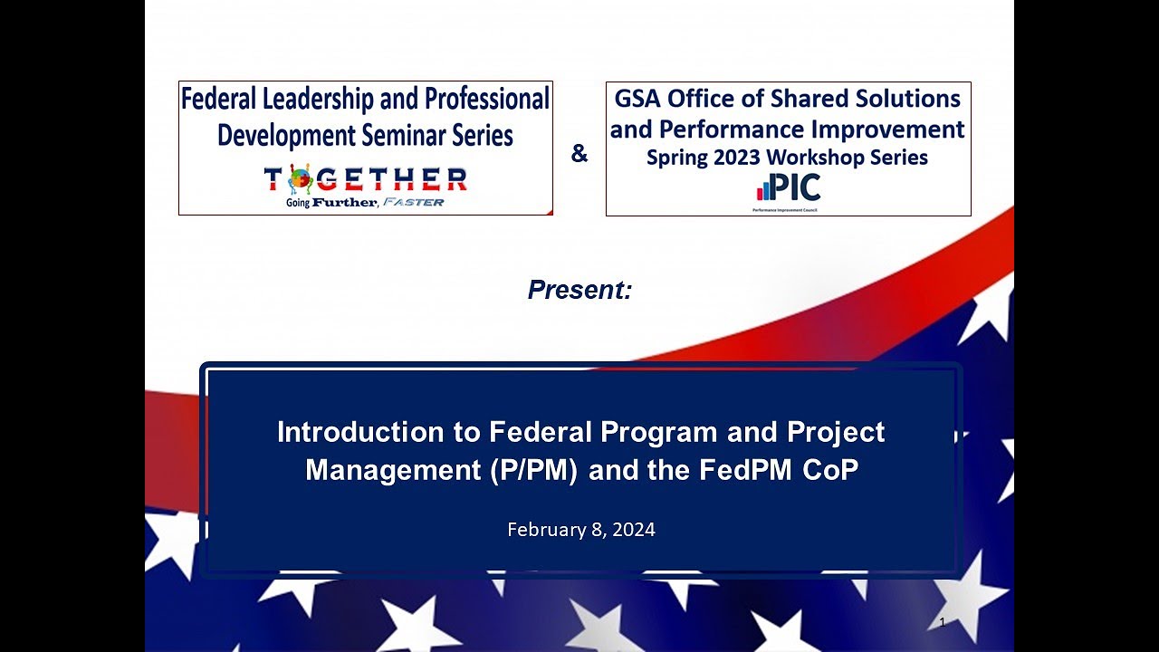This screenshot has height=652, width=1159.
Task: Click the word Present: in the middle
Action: [x=579, y=291]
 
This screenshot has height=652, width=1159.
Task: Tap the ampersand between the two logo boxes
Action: [x=579, y=155]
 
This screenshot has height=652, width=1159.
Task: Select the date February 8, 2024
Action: [x=580, y=530]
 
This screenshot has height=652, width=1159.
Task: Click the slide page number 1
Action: [x=943, y=622]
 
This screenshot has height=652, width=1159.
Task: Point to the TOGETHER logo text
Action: [x=366, y=179]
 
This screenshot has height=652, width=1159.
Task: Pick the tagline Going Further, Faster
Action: [x=366, y=202]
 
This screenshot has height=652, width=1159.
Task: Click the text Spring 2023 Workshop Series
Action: [x=787, y=158]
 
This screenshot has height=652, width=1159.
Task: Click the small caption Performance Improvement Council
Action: [x=788, y=209]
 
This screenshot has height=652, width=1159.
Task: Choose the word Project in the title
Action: [x=833, y=432]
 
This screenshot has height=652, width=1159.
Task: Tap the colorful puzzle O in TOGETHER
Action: [x=300, y=178]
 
